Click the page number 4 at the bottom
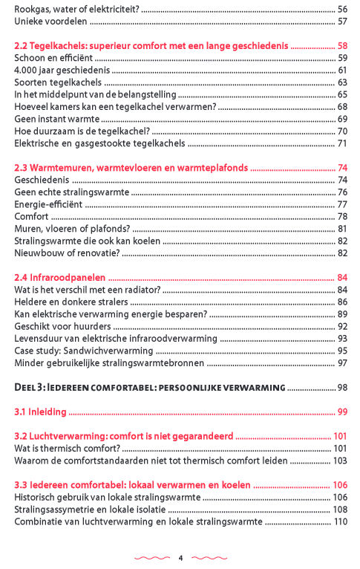coord(180,557)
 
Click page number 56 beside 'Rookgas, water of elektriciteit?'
coord(342,9)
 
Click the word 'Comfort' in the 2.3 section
coord(31,217)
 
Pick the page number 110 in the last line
coord(340,521)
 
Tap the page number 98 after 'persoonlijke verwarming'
coord(342,388)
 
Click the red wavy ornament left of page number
coord(151,557)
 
